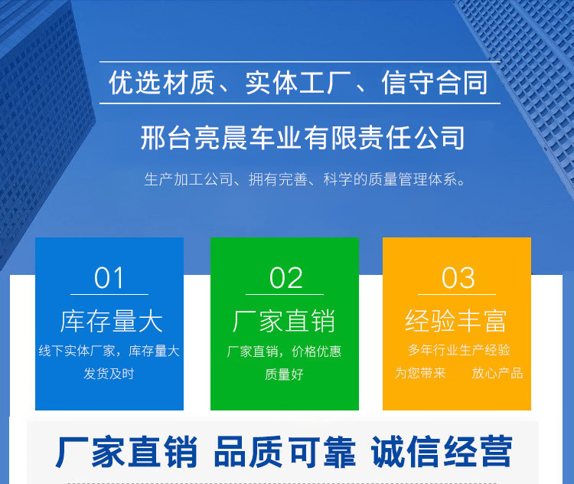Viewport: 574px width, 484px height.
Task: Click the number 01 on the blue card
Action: (x=109, y=278)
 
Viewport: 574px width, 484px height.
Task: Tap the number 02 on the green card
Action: (x=285, y=278)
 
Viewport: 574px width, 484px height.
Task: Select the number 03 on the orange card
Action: (x=458, y=278)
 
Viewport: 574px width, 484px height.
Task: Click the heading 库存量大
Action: (x=111, y=321)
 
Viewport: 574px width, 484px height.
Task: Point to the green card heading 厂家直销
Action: (x=284, y=321)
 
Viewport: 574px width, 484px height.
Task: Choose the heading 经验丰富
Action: (x=456, y=321)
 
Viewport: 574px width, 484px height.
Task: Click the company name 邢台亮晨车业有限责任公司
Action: (x=303, y=138)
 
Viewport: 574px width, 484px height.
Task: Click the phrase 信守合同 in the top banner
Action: (x=435, y=83)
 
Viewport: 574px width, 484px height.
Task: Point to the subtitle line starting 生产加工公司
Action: (x=305, y=181)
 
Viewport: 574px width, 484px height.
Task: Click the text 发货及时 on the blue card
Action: (x=109, y=374)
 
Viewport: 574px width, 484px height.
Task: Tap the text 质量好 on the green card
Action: (x=284, y=374)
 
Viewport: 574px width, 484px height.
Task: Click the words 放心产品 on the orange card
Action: (x=497, y=373)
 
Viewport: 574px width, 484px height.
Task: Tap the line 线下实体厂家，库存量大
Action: (x=109, y=351)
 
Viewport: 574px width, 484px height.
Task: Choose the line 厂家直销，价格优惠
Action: (x=284, y=352)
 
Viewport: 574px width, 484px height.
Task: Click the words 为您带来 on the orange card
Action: (x=420, y=373)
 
